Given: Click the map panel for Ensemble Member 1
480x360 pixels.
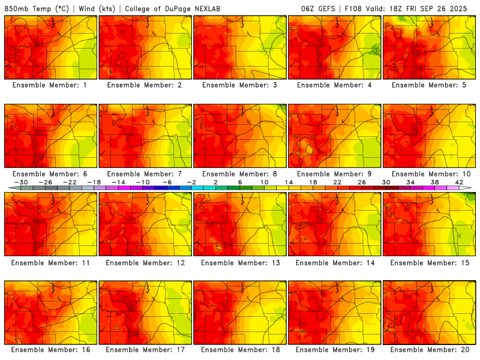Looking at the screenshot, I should tap(50, 47).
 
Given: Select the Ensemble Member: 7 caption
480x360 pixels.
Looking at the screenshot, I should tap(145, 173).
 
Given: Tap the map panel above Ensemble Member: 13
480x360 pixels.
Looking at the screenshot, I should tap(240, 224).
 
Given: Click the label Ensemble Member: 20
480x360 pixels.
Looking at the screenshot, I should tap(430, 350).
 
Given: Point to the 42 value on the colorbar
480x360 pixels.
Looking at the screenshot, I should tap(459, 182).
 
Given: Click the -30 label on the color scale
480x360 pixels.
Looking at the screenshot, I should tap(21, 182).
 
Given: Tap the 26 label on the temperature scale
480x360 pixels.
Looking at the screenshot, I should tap(362, 182).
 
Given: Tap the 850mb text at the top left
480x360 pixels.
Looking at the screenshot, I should tap(17, 9).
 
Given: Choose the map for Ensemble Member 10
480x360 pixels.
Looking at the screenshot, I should tap(430, 136).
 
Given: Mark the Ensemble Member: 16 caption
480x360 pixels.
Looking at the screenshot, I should tap(50, 350).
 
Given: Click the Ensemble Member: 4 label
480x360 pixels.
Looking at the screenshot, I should tap(335, 85).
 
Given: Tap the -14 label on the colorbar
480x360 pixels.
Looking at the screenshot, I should tap(118, 182).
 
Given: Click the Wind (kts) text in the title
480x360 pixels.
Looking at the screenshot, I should tap(96, 9).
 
